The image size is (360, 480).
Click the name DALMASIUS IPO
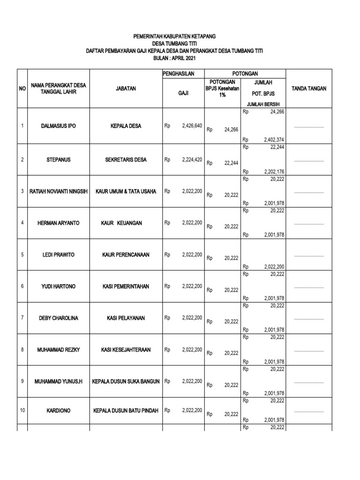tap(58, 126)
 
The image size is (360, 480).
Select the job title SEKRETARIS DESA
tap(126, 159)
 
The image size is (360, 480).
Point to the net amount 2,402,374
tap(274, 140)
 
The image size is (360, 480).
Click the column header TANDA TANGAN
tap(309, 88)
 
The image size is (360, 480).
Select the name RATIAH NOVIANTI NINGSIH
tap(59, 191)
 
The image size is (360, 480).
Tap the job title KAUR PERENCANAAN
tap(126, 255)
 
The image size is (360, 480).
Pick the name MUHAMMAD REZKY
tap(58, 350)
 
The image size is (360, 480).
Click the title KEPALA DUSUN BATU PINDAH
tap(126, 411)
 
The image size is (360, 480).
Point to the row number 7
tap(22, 318)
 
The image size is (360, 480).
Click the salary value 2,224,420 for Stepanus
tap(192, 159)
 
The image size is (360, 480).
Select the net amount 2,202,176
tap(274, 172)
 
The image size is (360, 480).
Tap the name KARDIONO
tap(58, 411)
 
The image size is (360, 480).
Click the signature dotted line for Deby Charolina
tap(309, 319)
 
